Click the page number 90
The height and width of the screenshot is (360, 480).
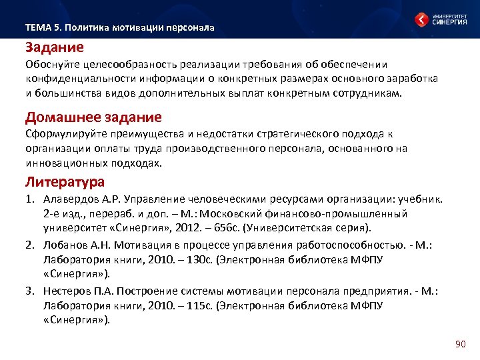click(x=459, y=344)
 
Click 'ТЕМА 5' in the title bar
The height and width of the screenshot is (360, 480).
click(x=43, y=28)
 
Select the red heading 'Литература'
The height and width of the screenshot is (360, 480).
click(x=65, y=181)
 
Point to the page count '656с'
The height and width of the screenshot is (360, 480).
click(x=210, y=227)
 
